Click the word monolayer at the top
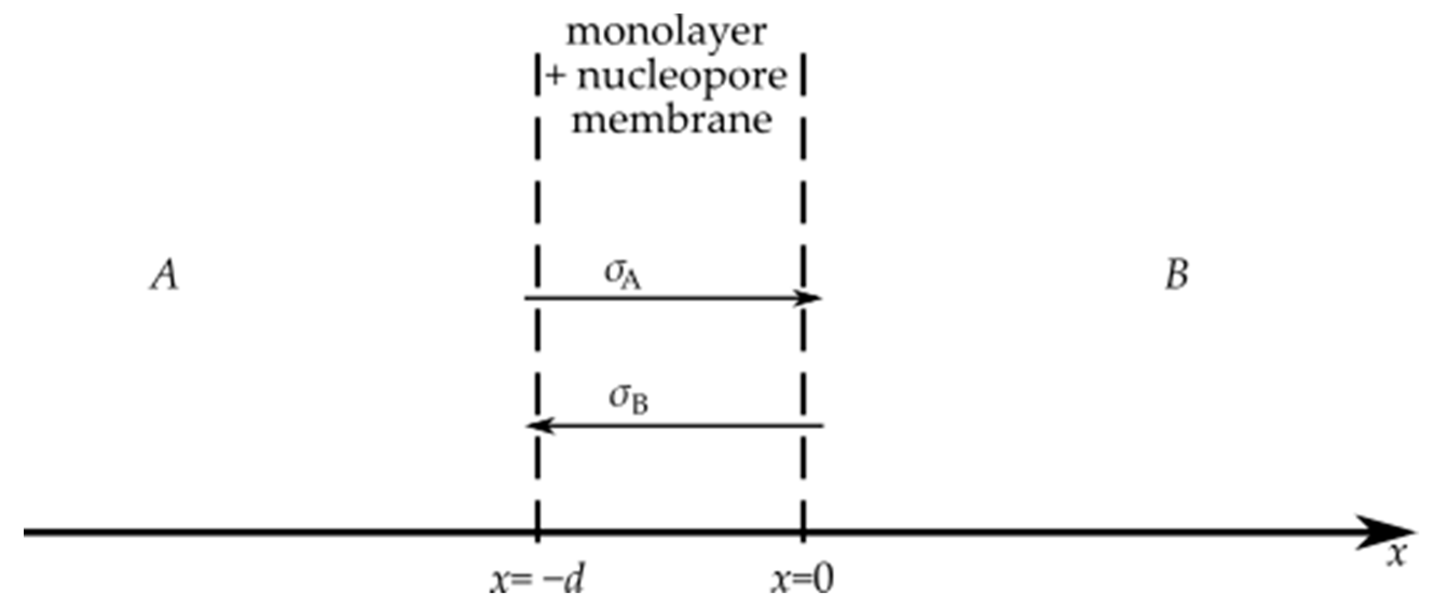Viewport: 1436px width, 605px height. coord(666,33)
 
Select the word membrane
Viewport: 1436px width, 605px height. coord(672,120)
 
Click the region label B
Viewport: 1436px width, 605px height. coord(1176,274)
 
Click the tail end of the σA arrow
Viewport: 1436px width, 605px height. coord(525,298)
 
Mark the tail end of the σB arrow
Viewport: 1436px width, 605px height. coord(823,426)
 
